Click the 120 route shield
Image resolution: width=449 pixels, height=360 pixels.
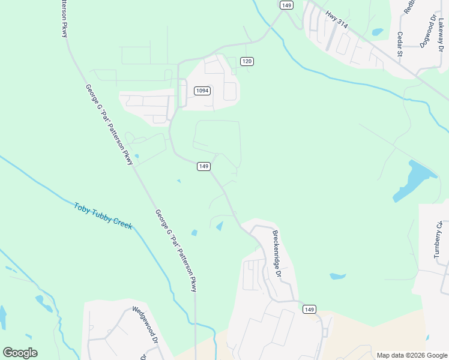(247, 61)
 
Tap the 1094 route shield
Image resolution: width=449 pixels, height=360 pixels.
(202, 91)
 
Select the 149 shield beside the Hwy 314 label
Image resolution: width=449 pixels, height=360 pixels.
(286, 5)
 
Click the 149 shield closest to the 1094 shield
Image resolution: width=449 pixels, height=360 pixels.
(203, 166)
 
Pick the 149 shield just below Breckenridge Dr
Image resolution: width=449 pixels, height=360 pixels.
(309, 309)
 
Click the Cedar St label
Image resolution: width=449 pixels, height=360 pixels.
(400, 44)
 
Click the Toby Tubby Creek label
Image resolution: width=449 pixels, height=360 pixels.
(103, 215)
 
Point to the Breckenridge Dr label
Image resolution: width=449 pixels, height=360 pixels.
(276, 253)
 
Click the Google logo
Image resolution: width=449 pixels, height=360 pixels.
(20, 353)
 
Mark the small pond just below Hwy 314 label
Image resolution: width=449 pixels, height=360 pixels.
(377, 32)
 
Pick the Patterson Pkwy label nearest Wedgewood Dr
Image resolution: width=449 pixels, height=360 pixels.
(175, 250)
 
